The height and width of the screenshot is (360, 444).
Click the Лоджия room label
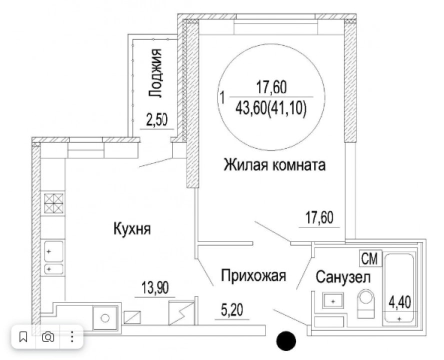click(155, 73)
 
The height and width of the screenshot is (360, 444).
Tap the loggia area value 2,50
click(156, 120)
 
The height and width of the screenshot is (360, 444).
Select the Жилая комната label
click(274, 165)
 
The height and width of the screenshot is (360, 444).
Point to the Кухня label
click(132, 228)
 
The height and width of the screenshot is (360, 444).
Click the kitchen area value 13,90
click(155, 288)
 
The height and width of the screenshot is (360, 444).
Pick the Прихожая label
click(253, 275)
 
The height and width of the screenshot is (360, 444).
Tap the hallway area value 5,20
click(232, 310)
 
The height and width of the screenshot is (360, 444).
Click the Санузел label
click(343, 277)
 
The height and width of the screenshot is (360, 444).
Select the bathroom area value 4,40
click(400, 302)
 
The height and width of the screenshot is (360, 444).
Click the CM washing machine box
click(370, 258)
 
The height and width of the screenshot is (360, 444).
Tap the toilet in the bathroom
click(366, 303)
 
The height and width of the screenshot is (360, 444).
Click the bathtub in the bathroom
click(399, 289)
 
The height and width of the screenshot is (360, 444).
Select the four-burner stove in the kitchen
click(54, 203)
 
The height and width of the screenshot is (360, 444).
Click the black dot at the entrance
click(286, 340)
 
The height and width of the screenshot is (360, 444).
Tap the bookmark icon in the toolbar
click(23, 337)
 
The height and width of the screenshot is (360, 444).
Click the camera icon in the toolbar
click(48, 337)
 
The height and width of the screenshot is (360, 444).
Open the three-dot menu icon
click(72, 337)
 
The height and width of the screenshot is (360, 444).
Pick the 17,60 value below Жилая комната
click(319, 218)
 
